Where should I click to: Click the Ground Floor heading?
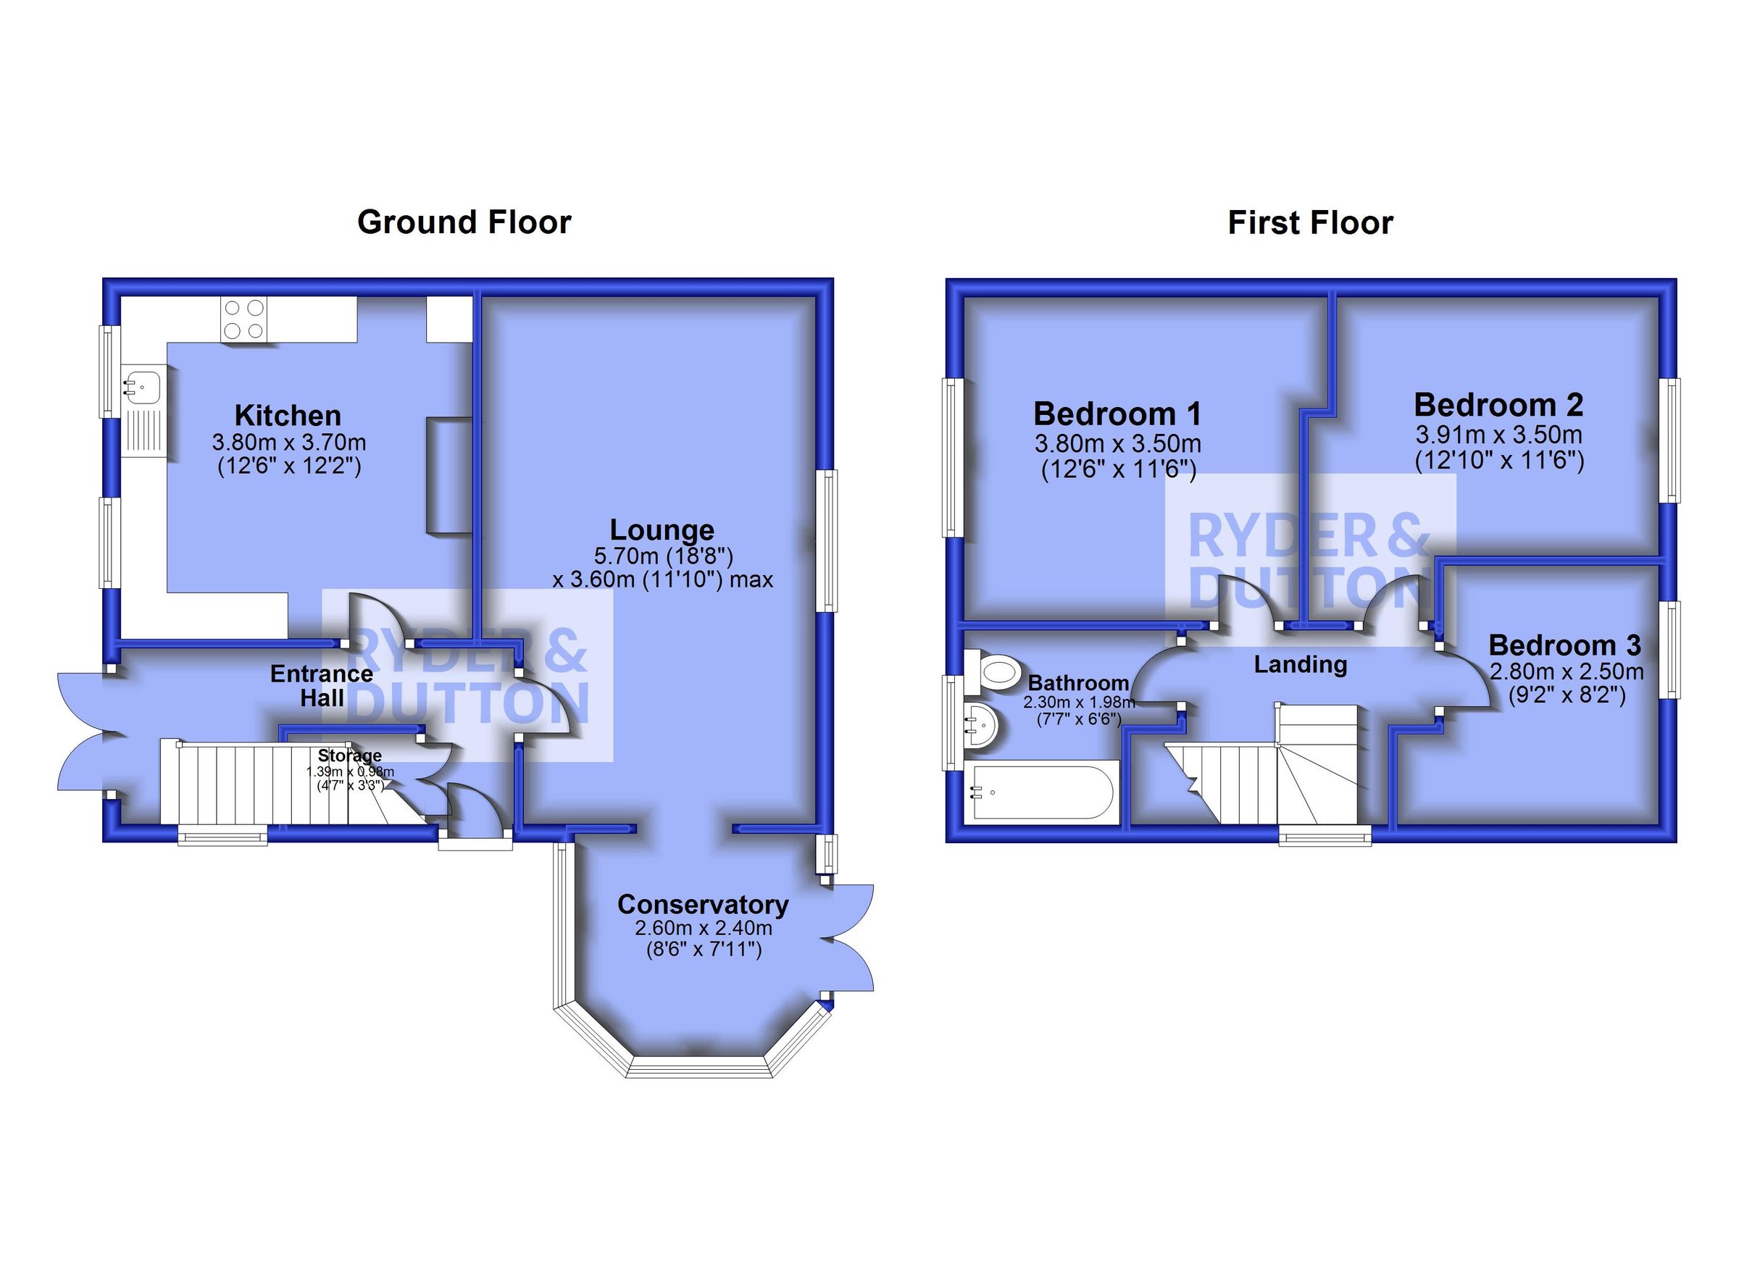pos(464,222)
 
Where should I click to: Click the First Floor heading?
pos(1310,223)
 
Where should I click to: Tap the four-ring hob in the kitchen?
pos(244,319)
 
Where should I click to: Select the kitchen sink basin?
pos(143,384)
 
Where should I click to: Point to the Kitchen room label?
pos(288,416)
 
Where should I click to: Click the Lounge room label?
pos(662,530)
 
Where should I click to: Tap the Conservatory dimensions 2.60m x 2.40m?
pos(703,927)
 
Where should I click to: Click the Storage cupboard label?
pos(350,756)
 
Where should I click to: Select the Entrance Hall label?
pos(321,686)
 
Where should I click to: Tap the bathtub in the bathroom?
pos(1040,792)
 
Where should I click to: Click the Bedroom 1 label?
pos(1117,414)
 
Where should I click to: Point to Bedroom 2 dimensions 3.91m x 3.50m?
pos(1498,435)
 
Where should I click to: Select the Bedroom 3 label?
pos(1565,645)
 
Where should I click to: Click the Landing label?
pos(1301,664)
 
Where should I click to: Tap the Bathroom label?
pos(1078,682)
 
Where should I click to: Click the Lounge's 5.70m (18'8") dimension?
pos(663,555)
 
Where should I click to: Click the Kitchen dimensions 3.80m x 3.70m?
pos(289,443)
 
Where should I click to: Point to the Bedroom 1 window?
pos(951,458)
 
